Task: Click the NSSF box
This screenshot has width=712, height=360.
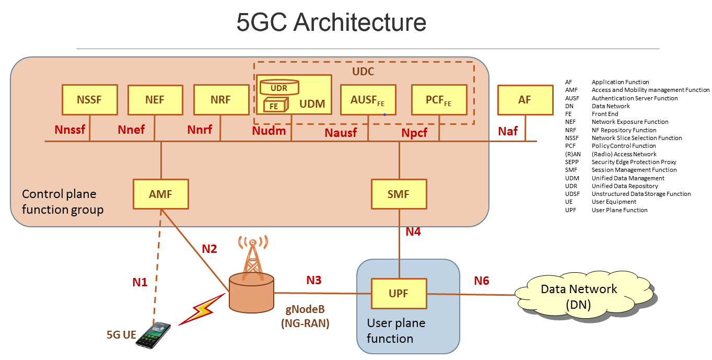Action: coord(89,100)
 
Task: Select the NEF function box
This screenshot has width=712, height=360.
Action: coord(155,100)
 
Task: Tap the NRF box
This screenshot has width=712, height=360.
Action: coord(220,100)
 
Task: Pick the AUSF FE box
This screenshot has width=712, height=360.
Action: coord(368,100)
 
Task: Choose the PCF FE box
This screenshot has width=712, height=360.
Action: coord(439,100)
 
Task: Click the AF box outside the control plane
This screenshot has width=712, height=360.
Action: coord(524,100)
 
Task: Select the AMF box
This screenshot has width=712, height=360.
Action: coord(161,194)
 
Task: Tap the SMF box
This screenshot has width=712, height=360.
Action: coord(399,194)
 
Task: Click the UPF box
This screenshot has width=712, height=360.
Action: coord(399,294)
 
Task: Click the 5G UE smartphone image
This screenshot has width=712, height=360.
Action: coord(154,334)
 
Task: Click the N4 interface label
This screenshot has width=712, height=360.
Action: coord(413,231)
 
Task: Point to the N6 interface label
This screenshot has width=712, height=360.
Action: coord(481,281)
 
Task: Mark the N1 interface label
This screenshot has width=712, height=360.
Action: coord(139,283)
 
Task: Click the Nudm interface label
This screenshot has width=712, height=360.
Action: coord(269,131)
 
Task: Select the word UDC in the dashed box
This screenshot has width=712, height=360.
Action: coord(363,71)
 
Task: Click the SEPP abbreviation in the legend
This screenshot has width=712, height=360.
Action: coord(571,162)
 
